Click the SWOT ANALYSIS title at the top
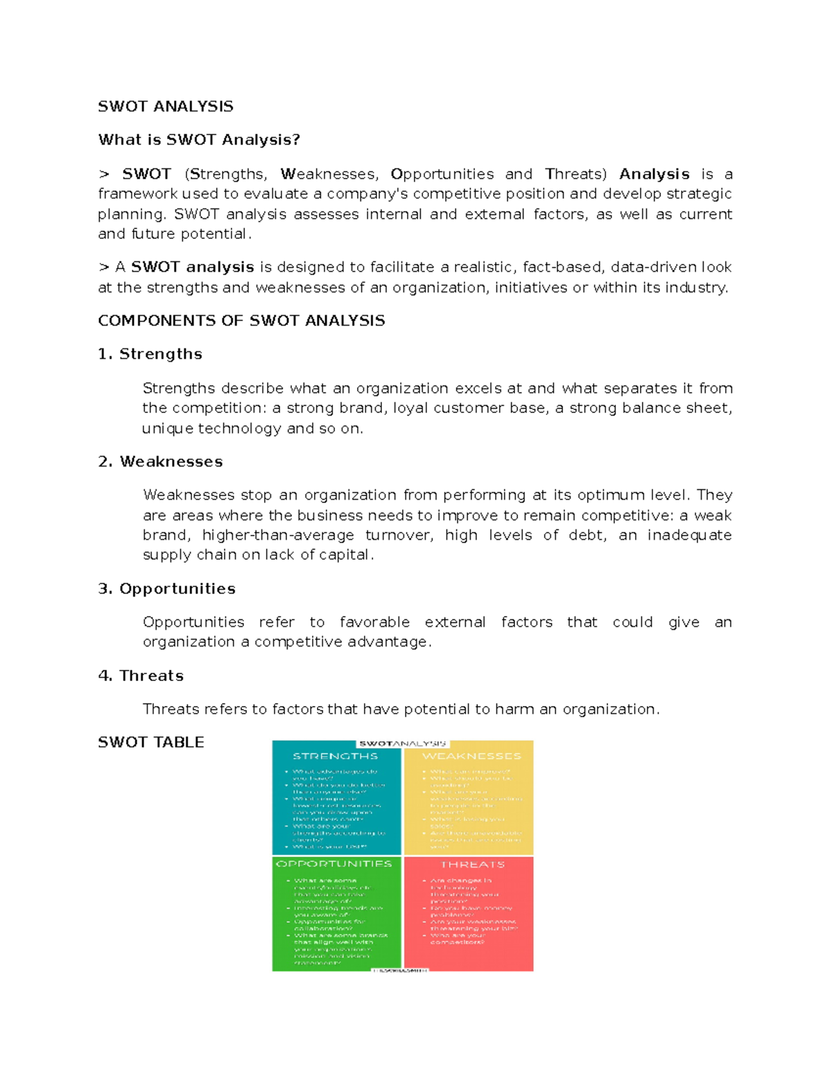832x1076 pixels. click(x=165, y=106)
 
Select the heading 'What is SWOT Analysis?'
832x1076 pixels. click(x=199, y=140)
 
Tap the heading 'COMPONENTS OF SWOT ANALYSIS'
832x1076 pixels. click(x=241, y=321)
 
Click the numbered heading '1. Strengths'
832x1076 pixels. click(x=150, y=354)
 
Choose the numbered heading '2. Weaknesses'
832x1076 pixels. click(x=160, y=461)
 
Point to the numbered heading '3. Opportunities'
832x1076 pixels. click(x=166, y=589)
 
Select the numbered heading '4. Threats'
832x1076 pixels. click(x=141, y=676)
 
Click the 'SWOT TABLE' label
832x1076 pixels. click(x=150, y=742)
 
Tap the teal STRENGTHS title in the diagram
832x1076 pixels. click(x=335, y=756)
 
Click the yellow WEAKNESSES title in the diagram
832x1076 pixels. click(x=471, y=756)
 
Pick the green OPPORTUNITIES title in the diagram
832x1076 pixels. click(x=334, y=864)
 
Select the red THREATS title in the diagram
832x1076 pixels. click(x=472, y=865)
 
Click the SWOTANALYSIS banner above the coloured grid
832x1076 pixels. click(x=402, y=743)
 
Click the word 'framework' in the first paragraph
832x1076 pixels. click(x=137, y=194)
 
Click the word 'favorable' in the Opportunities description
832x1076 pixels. click(x=374, y=622)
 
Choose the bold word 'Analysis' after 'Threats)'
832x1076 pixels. click(x=654, y=174)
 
